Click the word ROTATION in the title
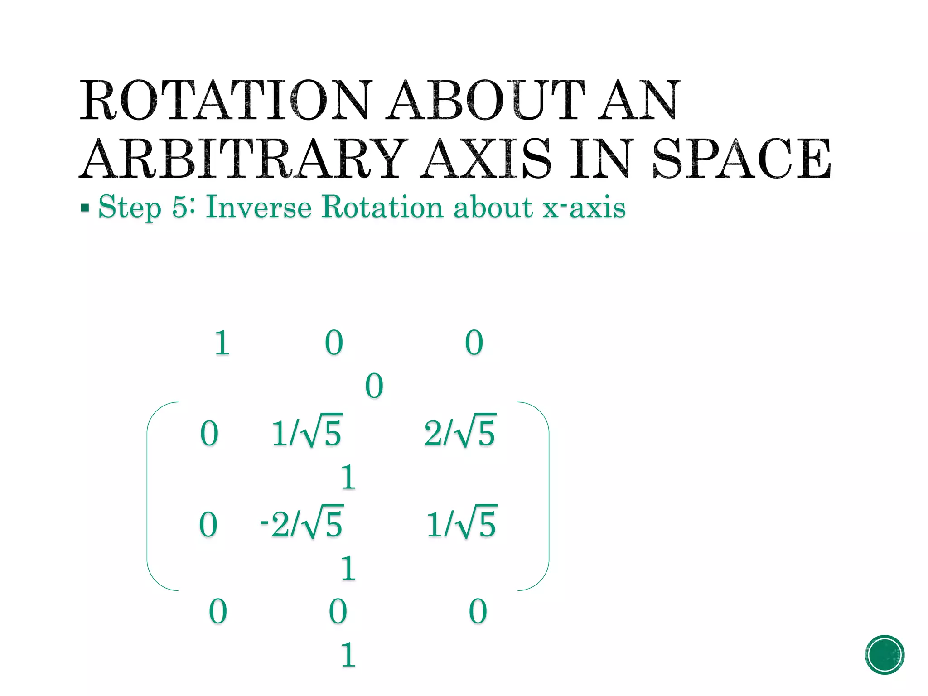click(226, 100)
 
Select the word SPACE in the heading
click(742, 159)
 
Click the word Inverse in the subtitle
click(259, 208)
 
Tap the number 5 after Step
click(180, 208)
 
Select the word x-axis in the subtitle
click(585, 208)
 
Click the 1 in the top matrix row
click(222, 343)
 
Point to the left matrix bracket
click(149, 496)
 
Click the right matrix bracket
click(547, 496)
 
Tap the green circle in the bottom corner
click(884, 655)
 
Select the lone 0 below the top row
click(374, 387)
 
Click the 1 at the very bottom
click(348, 655)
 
